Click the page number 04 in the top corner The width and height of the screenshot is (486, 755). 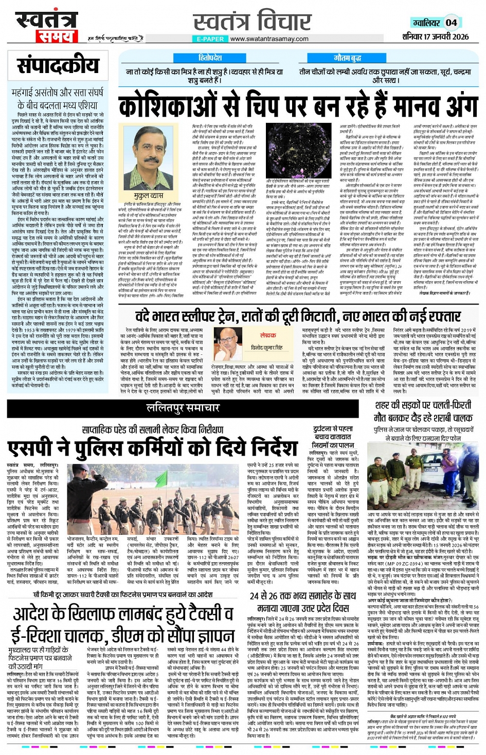point(451,22)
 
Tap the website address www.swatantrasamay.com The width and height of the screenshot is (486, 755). point(269,39)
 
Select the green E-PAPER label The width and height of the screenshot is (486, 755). point(210,39)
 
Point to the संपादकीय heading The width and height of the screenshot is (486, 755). point(58,65)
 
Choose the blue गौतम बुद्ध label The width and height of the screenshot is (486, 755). point(348,58)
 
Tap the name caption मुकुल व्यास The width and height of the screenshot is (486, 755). point(149,196)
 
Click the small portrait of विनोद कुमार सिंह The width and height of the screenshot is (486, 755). point(228,337)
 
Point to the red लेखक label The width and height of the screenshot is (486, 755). point(267,335)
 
